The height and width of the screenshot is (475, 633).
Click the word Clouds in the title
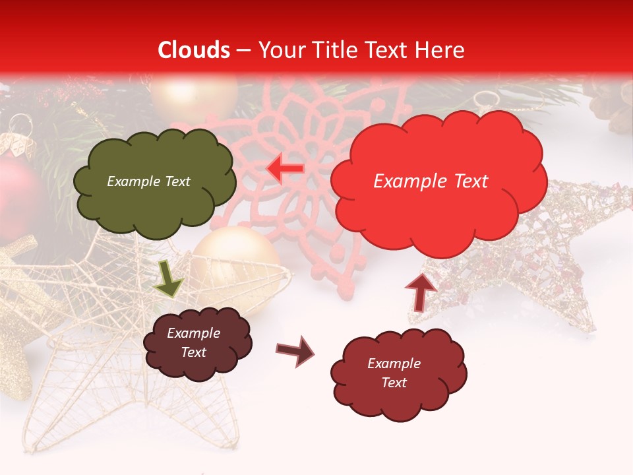194,50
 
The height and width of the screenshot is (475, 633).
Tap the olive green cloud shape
154,183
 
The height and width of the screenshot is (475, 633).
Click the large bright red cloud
438,178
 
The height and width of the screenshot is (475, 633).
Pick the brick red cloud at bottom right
398,373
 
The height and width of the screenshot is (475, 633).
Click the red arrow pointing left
285,169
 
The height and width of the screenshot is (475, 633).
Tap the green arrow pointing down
168,278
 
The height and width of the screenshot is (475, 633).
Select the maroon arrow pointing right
295,351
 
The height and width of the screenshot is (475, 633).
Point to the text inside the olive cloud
148,181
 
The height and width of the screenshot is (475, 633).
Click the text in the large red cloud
431,181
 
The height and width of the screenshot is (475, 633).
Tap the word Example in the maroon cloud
193,333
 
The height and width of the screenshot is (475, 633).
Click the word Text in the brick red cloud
394,383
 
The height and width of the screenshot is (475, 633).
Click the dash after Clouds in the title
243,51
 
